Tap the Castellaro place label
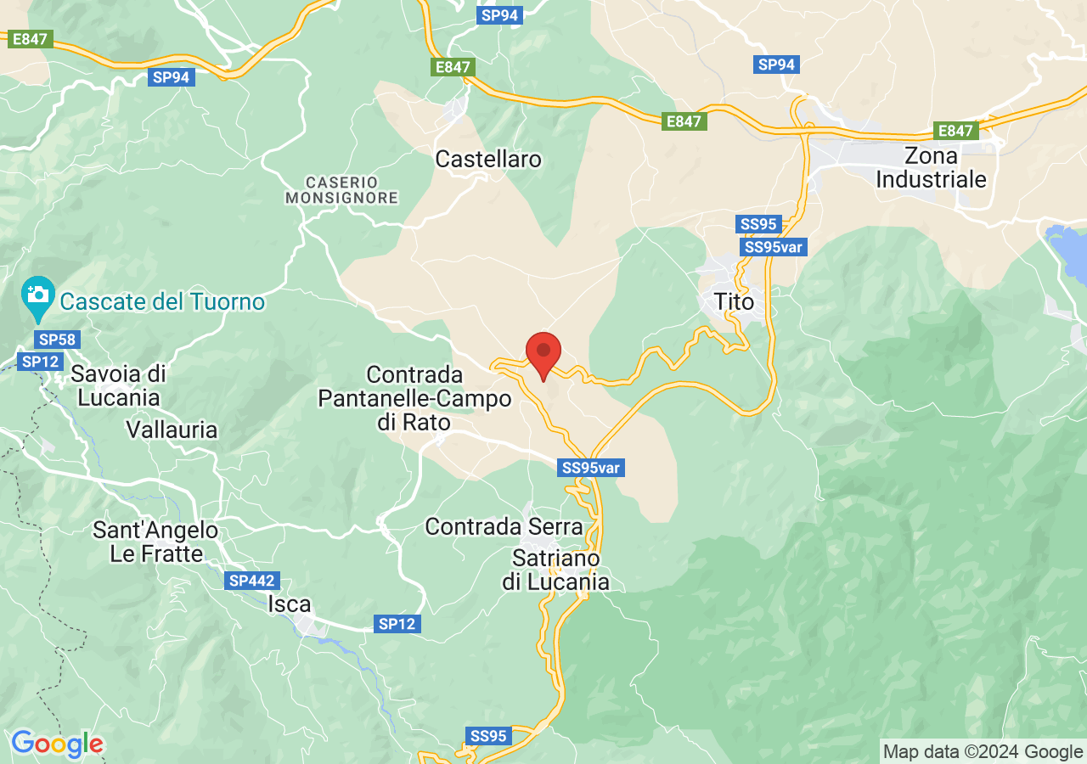(487, 159)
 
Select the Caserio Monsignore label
(341, 190)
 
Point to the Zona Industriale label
(931, 168)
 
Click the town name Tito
(734, 301)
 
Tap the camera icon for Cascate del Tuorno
(38, 295)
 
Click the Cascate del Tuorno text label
(162, 301)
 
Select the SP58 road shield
(57, 340)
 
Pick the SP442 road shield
(252, 581)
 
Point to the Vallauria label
(172, 430)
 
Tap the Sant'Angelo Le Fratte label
(155, 542)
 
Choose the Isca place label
(290, 604)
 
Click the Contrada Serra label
(504, 526)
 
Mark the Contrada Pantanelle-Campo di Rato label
(414, 398)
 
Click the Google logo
(57, 744)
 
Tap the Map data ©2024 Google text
(983, 751)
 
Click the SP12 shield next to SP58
(40, 362)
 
